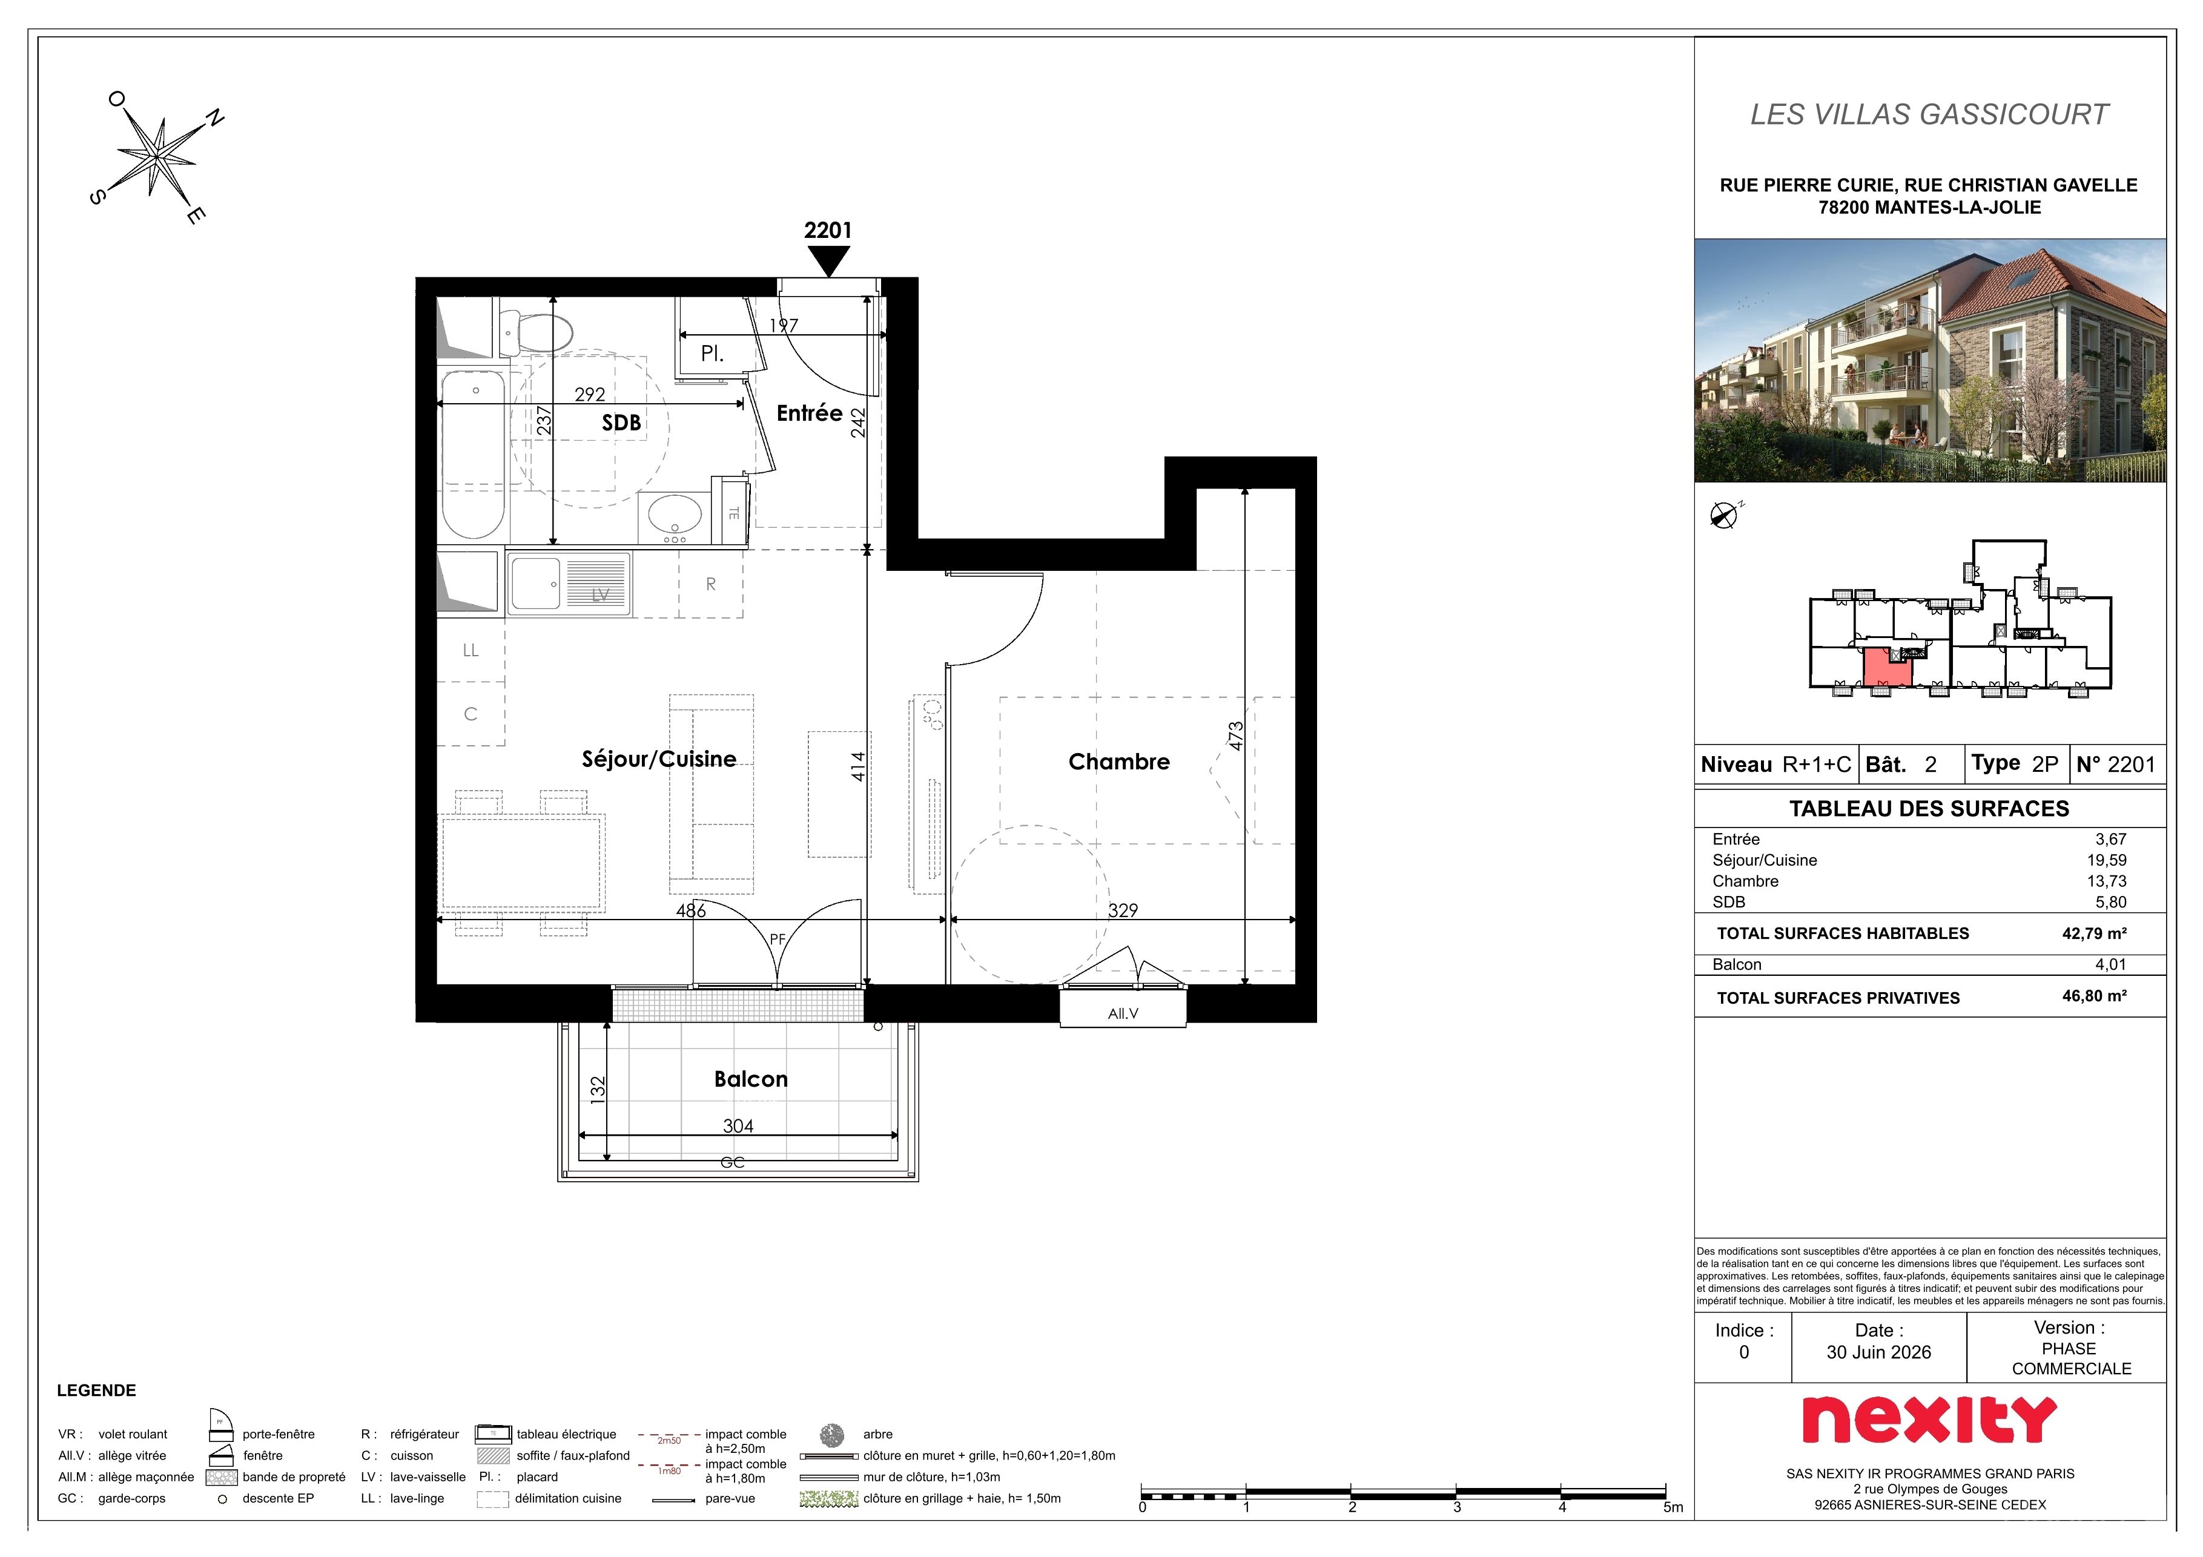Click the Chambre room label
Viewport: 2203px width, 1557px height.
1119,762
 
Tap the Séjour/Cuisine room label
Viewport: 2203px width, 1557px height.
659,759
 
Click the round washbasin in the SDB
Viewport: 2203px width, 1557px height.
675,515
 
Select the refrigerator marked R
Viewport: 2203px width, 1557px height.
711,584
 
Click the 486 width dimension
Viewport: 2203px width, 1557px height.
691,910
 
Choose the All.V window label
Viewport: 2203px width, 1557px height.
1123,1013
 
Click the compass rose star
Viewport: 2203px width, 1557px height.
156,156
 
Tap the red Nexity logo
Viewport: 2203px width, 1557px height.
1929,1420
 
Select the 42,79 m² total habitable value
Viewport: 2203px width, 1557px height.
2095,933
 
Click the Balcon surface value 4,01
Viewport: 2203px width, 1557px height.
2111,965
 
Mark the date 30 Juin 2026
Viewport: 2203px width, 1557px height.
1878,1352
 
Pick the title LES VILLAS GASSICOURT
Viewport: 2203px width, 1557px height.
1929,114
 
